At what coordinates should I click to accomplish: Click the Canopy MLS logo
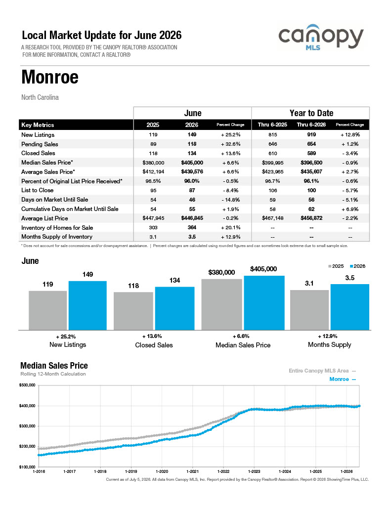click(x=321, y=37)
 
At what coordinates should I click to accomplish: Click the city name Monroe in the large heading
click(x=50, y=77)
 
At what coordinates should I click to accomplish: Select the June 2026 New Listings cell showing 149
click(x=192, y=134)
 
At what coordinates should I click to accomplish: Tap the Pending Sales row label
click(x=40, y=144)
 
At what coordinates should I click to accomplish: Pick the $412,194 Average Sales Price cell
click(x=153, y=171)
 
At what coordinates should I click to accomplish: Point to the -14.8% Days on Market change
click(x=230, y=200)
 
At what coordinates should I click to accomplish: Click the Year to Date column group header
click(x=311, y=113)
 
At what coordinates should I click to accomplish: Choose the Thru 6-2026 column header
click(x=311, y=125)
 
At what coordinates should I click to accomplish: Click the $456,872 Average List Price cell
click(x=311, y=218)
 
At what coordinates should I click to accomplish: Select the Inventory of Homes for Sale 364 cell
click(x=192, y=227)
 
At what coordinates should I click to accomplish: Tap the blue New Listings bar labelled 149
click(x=87, y=305)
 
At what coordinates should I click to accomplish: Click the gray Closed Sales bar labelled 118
click(x=133, y=311)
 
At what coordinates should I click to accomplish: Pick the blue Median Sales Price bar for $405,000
click(x=264, y=303)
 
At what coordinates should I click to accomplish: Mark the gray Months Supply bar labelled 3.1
click(x=309, y=310)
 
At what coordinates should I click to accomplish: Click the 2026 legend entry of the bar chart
click(x=357, y=266)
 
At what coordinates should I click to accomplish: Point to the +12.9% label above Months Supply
click(x=327, y=336)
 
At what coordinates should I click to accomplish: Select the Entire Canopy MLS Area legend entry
click(x=322, y=371)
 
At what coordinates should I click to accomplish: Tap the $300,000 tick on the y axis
click(x=27, y=426)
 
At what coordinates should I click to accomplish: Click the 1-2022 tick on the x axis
click(x=223, y=471)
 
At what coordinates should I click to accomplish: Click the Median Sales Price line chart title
click(x=54, y=366)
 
